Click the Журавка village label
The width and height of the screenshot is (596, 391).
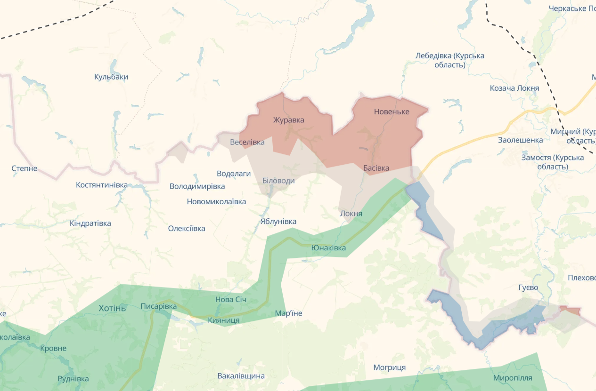click(288, 120)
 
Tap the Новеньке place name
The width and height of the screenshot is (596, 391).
click(392, 112)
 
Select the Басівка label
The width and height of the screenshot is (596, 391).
click(376, 168)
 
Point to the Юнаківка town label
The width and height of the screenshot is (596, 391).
click(328, 248)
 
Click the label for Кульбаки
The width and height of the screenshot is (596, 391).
click(111, 77)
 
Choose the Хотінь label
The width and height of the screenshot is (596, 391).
click(112, 308)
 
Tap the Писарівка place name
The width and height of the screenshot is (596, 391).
click(158, 306)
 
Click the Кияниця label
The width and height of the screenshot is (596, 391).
click(223, 320)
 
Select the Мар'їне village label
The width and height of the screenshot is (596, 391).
click(288, 313)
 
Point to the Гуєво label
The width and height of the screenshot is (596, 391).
click(528, 287)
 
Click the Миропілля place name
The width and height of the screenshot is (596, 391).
click(513, 378)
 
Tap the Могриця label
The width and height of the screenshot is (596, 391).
click(389, 367)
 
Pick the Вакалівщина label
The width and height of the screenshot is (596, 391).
click(241, 376)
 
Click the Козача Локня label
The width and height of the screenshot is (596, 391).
click(514, 88)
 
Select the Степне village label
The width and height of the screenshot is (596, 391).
click(24, 168)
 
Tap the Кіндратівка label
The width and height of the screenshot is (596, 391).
click(90, 223)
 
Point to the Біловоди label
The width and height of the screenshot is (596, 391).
click(278, 181)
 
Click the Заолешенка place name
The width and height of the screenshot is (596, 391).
click(520, 140)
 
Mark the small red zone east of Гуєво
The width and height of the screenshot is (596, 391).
click(571, 310)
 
